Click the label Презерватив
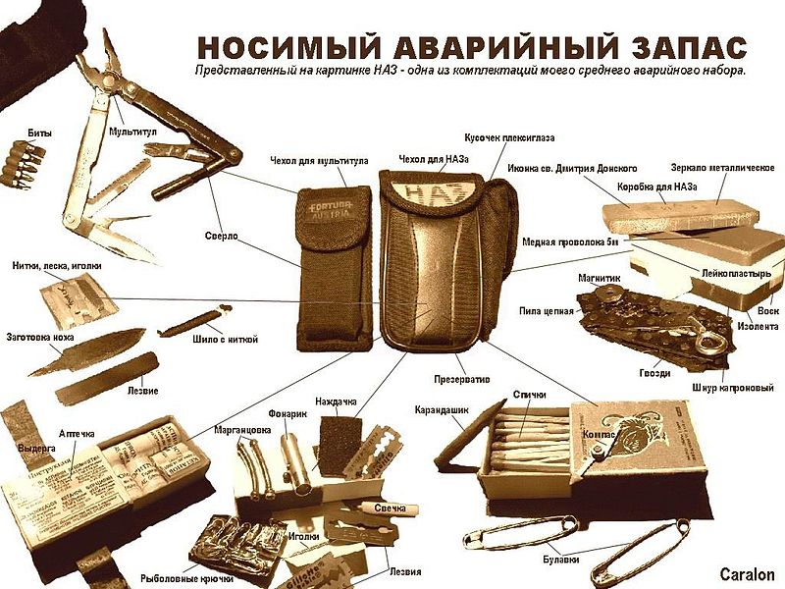click(x=461, y=378)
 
